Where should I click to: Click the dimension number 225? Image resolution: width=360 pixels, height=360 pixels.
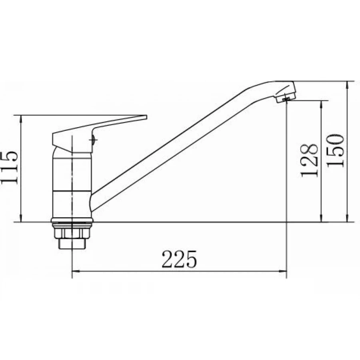coord(179,260)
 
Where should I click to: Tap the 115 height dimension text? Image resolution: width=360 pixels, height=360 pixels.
coord(10,167)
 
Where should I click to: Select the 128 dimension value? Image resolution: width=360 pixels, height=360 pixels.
coord(309,160)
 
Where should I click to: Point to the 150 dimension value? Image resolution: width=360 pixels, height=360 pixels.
coord(336,151)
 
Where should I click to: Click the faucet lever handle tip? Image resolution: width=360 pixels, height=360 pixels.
coord(145,117)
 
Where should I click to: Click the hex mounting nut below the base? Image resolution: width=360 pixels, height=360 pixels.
coord(72,233)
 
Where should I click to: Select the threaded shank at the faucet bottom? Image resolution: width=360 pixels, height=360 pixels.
coord(72,244)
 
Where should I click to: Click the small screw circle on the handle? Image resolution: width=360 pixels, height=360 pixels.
coord(93,140)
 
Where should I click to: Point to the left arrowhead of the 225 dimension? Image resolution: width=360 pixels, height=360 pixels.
coord(76,271)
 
